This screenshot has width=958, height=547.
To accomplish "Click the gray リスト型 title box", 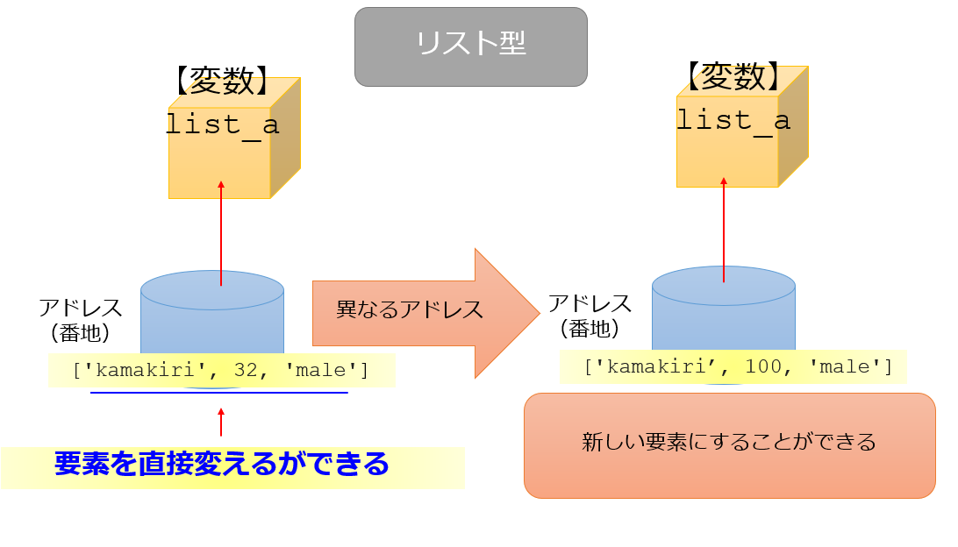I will [470, 46].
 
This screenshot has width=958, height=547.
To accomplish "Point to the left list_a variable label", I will [222, 124].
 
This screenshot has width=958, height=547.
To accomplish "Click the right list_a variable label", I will [733, 120].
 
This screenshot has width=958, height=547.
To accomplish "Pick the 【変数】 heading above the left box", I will [222, 82].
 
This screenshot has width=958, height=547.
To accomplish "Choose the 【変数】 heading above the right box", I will [733, 78].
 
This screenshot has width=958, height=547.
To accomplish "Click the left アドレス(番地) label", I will [80, 320].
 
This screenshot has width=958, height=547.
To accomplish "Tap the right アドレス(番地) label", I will [590, 316].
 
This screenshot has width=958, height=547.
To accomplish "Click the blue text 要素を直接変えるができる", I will [221, 464].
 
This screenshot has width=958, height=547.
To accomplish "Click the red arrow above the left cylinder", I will [221, 232].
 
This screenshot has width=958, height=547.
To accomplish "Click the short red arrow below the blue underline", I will [221, 422].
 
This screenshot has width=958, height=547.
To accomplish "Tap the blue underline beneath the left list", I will [219, 394].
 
